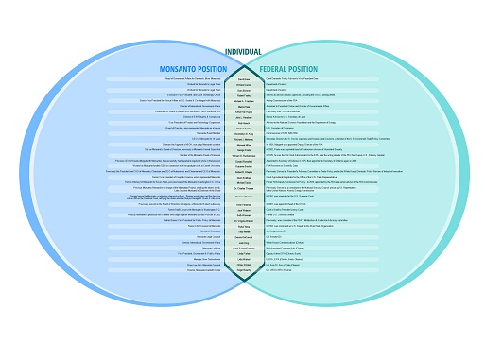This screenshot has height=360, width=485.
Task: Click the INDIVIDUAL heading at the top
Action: coord(242,51)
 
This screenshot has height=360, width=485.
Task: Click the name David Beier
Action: coord(243,79)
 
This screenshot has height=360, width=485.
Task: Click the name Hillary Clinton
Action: coord(243,265)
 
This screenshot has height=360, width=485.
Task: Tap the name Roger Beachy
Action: coord(243,269)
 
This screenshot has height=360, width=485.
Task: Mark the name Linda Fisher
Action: coord(243,252)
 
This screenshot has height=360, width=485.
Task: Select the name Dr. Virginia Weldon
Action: coord(243,220)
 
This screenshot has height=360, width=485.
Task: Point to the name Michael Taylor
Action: coord(243,182)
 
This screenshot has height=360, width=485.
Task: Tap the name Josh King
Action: coord(243,242)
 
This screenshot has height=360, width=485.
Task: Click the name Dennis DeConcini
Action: coord(243,236)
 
